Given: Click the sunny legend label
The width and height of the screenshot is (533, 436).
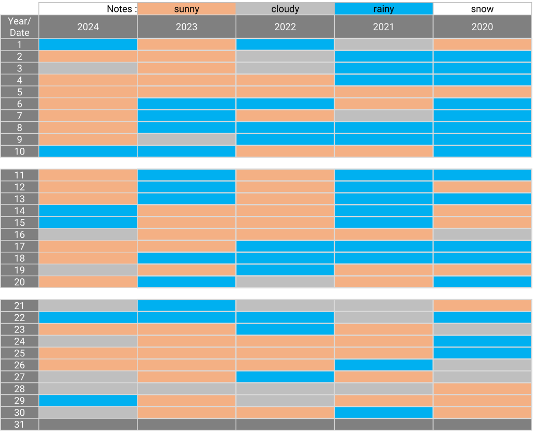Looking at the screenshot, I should click(x=186, y=9).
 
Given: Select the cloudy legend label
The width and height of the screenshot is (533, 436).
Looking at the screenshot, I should click(x=285, y=9).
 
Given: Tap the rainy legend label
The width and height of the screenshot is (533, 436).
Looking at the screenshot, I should click(x=384, y=9).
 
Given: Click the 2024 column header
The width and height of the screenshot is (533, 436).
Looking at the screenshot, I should click(x=88, y=27).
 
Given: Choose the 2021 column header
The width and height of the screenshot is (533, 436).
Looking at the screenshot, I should click(x=384, y=27).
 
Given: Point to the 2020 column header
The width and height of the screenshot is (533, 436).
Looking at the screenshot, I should click(x=482, y=27).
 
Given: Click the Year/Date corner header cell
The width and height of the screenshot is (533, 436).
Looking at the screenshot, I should click(x=20, y=27).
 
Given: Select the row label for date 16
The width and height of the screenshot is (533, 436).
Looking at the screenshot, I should click(x=20, y=235).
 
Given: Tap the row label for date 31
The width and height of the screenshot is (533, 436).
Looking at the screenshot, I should click(x=20, y=425).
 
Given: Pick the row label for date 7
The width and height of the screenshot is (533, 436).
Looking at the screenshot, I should click(x=20, y=116).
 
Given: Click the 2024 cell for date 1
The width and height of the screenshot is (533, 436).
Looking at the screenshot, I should click(x=88, y=45).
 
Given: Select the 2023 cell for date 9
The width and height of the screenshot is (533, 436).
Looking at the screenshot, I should click(x=186, y=139).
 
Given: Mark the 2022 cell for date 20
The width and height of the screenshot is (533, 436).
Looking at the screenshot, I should click(x=285, y=282).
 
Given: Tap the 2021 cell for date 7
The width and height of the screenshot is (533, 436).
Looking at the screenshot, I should click(x=384, y=116).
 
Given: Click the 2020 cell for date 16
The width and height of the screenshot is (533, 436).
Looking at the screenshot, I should click(x=482, y=235).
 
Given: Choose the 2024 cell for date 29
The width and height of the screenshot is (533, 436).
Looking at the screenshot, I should click(x=88, y=401).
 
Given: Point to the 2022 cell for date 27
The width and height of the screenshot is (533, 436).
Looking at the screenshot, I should click(x=285, y=377).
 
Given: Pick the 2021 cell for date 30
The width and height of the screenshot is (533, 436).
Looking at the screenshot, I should click(x=384, y=413).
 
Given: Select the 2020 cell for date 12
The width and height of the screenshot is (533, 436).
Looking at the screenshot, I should click(x=482, y=187).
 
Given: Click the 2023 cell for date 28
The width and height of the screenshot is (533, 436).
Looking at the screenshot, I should click(x=186, y=389).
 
